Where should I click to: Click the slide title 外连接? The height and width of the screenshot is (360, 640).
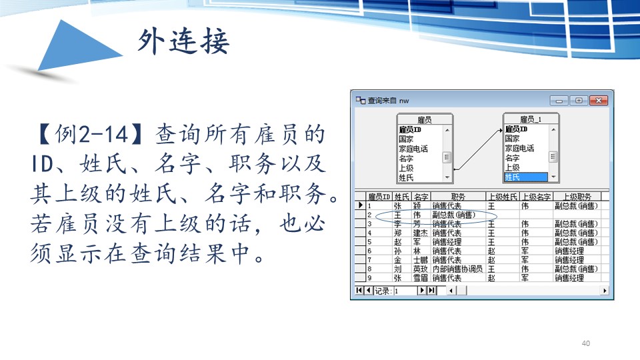[x=183, y=41]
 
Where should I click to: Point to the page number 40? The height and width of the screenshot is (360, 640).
[x=586, y=343]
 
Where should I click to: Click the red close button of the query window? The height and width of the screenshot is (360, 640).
[x=599, y=101]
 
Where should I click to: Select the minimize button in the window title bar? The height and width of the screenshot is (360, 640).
[x=559, y=101]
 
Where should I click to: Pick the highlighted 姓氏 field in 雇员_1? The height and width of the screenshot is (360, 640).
[x=526, y=177]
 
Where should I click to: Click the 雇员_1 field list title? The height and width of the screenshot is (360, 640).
[x=530, y=119]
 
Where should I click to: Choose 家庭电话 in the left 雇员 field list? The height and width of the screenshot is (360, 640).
[x=413, y=149]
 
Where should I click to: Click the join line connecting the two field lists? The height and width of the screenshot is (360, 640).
[x=477, y=149]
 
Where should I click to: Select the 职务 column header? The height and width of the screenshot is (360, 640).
[x=458, y=197]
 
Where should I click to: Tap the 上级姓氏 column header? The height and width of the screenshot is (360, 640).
[x=503, y=197]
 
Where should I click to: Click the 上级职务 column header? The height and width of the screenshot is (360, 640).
[x=577, y=197]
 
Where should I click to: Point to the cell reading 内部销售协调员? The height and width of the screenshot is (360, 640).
[x=457, y=269]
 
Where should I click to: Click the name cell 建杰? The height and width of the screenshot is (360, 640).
[x=421, y=233]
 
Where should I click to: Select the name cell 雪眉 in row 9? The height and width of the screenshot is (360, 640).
[x=421, y=278]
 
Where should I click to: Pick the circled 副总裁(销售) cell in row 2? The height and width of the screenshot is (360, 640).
[x=454, y=215]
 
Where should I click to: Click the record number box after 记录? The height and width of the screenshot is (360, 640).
[x=405, y=291]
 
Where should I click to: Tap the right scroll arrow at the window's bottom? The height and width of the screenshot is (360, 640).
[x=605, y=291]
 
